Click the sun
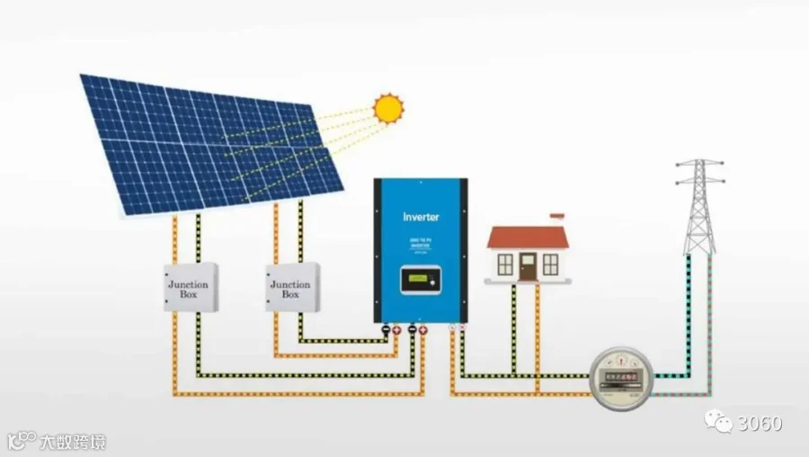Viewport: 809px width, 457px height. pyautogui.click(x=388, y=108)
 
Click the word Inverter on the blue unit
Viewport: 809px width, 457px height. pyautogui.click(x=420, y=217)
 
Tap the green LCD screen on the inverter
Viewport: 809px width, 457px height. pyautogui.click(x=416, y=281)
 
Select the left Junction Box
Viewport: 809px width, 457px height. pyautogui.click(x=190, y=288)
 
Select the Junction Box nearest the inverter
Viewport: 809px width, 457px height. pyautogui.click(x=291, y=288)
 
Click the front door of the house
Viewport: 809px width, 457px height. pyautogui.click(x=528, y=265)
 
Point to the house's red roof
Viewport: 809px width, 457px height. pyautogui.click(x=528, y=237)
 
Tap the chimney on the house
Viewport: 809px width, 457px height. pyautogui.click(x=557, y=218)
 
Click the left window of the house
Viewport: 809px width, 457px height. pyautogui.click(x=505, y=264)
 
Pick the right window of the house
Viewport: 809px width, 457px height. pyautogui.click(x=550, y=264)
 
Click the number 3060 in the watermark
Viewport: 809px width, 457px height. pyautogui.click(x=760, y=423)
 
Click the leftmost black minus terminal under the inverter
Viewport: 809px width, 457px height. pyautogui.click(x=386, y=330)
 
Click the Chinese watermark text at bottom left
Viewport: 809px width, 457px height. pyautogui.click(x=72, y=442)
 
